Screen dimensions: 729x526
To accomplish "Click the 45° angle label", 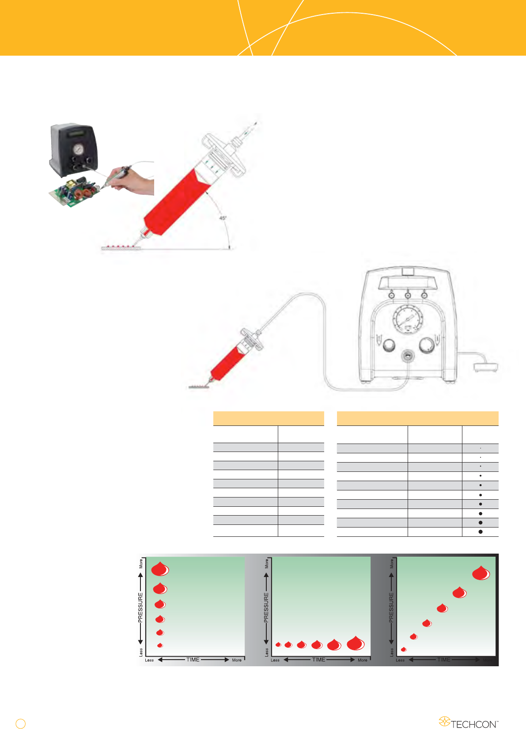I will (x=223, y=218).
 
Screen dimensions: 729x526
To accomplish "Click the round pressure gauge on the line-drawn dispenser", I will (x=407, y=319).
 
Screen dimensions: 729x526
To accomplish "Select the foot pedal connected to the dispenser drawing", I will (x=486, y=367).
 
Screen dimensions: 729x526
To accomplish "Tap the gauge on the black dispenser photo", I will (x=78, y=149).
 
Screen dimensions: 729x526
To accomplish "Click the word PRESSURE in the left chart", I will (x=140, y=608).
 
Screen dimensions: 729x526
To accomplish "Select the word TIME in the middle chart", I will (x=318, y=660).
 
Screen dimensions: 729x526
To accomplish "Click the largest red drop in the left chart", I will (x=160, y=569).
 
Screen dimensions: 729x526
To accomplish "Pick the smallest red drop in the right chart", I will (x=403, y=649).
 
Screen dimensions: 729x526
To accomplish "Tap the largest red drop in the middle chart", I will (x=356, y=644).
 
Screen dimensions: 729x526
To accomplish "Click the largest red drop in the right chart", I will (x=481, y=573).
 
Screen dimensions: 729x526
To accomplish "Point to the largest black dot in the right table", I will (x=481, y=532).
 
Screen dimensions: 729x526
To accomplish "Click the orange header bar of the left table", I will (x=269, y=418).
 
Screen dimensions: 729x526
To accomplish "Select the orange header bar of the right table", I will (x=417, y=418).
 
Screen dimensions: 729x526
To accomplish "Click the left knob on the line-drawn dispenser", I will (x=388, y=346).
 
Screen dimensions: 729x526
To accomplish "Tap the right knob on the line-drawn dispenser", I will (x=427, y=345).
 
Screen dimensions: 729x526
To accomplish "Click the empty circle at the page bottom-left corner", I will (x=20, y=723).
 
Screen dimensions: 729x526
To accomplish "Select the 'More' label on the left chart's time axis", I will (x=237, y=660).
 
